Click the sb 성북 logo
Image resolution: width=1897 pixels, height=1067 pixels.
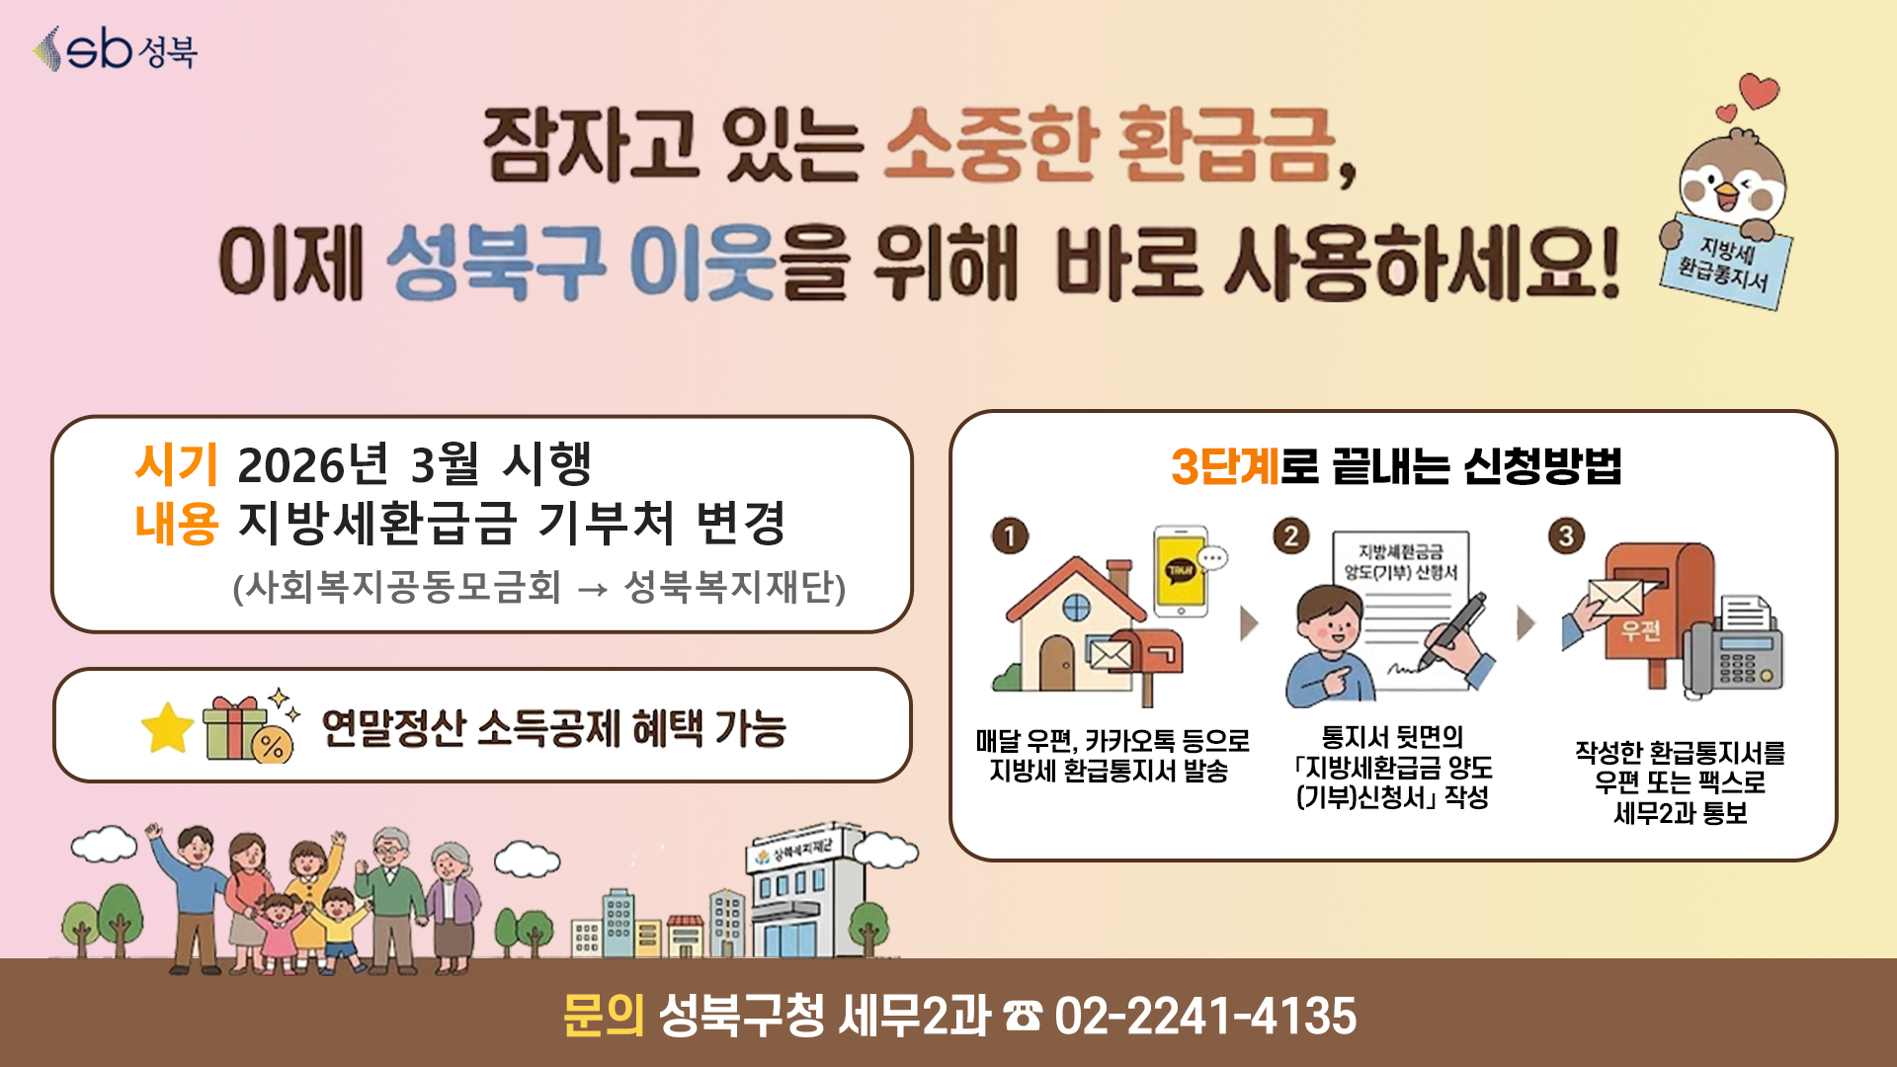pos(116,48)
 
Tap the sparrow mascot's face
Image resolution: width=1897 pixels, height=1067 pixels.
pos(1732,181)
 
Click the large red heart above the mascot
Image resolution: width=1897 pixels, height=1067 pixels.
pos(1759,91)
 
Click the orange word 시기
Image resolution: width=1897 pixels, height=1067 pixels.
pos(176,464)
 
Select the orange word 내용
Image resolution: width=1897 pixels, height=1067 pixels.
pos(176,524)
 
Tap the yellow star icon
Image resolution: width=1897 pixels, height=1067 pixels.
pos(167,728)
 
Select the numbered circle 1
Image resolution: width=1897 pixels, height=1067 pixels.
pos(1010,536)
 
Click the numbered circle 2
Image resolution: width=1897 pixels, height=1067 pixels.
pos(1290,536)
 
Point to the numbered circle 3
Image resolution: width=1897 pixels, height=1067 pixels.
pos(1566,536)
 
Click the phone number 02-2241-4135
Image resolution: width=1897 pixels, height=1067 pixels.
pos(1205,1016)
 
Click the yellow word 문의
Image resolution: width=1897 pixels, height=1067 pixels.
pos(603,1016)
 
